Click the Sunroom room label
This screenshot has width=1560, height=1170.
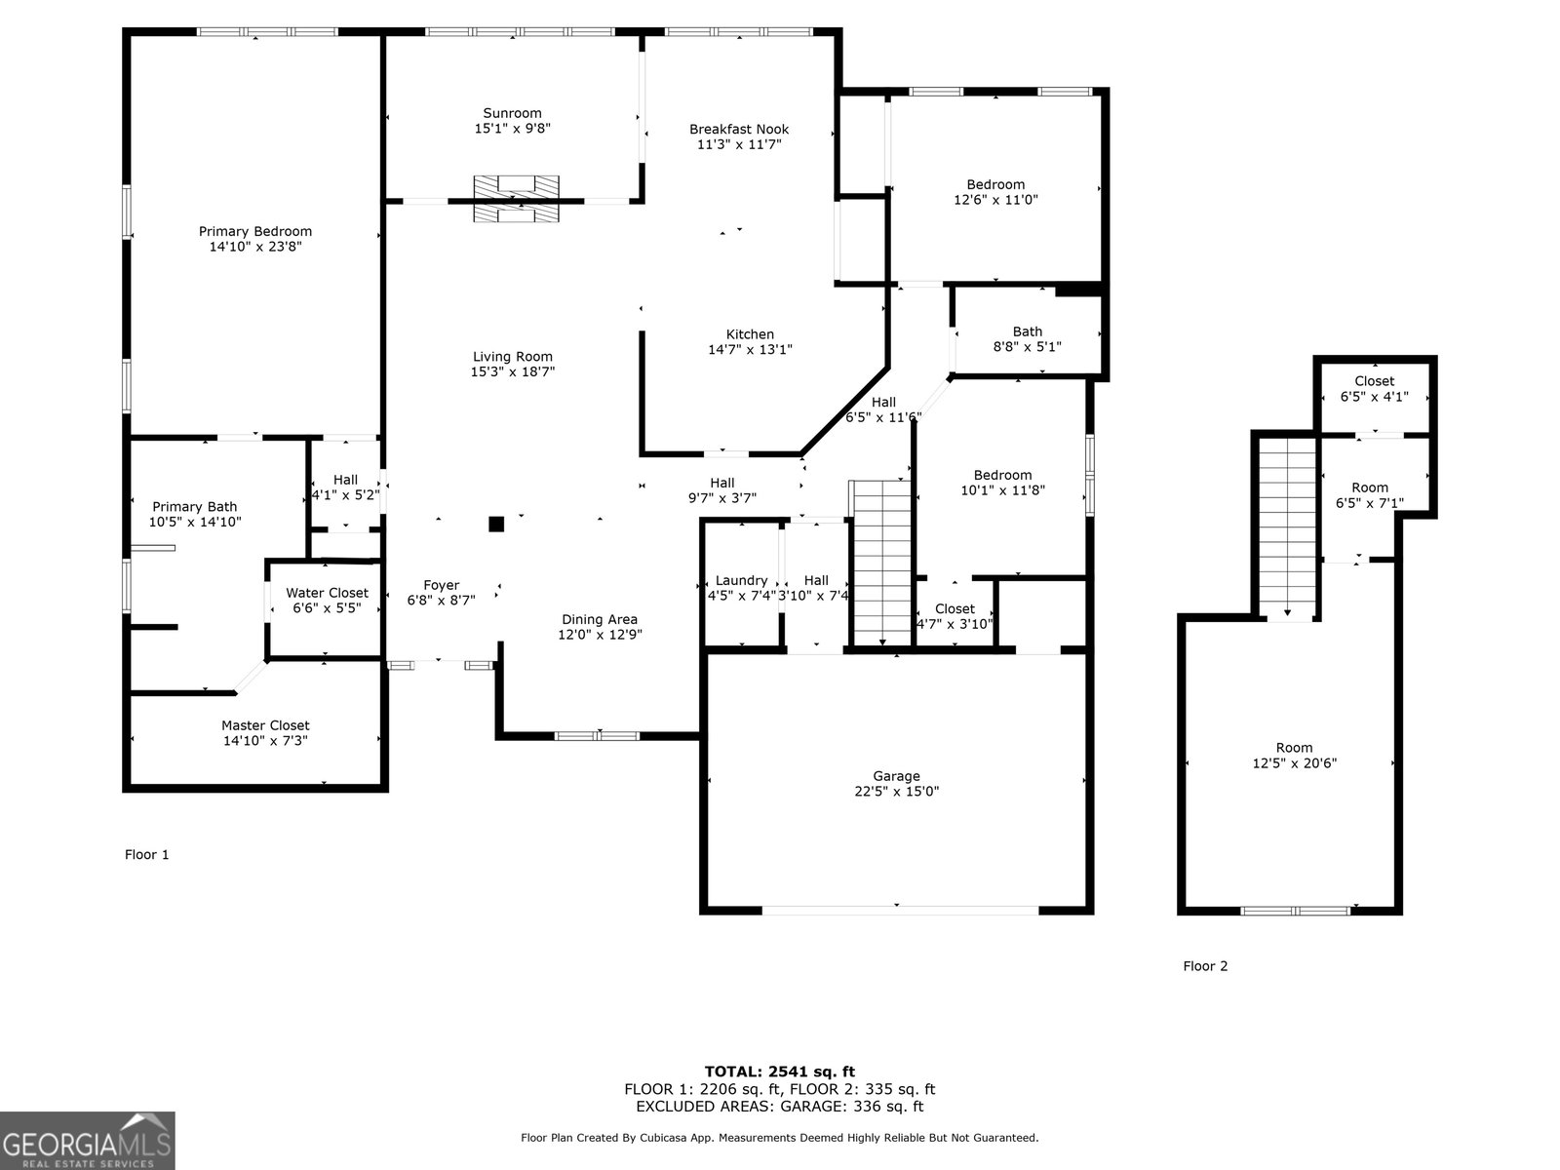512,113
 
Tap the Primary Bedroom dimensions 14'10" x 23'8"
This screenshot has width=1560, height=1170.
255,247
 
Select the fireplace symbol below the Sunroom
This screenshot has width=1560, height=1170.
516,198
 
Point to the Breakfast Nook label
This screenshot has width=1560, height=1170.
739,130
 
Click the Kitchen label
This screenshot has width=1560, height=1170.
750,333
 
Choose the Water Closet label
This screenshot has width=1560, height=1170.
327,593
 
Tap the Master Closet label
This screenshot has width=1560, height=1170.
265,725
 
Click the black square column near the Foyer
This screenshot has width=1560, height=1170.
496,525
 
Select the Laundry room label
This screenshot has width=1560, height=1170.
741,580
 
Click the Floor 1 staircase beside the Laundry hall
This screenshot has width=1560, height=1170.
881,563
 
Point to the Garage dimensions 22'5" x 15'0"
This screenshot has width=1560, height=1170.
896,792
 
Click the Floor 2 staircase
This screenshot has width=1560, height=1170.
1287,528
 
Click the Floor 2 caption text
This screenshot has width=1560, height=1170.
1205,965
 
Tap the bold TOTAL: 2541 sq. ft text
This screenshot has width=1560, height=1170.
780,1072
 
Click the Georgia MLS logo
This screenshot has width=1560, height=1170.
88,1140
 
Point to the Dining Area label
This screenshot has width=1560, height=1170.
599,619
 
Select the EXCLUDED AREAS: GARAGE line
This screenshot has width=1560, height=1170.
780,1106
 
